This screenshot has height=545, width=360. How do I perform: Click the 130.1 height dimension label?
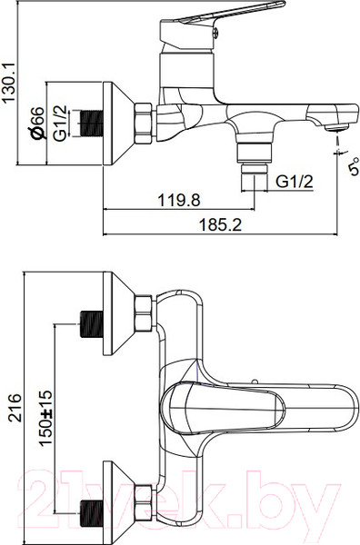pyautogui.click(x=8, y=83)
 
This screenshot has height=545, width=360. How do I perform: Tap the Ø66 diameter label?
pyautogui.click(x=36, y=123)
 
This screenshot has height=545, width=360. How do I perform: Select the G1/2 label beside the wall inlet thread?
pyautogui.click(x=59, y=123)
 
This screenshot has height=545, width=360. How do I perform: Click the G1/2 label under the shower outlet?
pyautogui.click(x=295, y=182)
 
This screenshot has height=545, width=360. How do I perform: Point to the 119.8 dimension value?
pyautogui.click(x=179, y=200)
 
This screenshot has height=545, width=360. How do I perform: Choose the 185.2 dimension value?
pyautogui.click(x=220, y=225)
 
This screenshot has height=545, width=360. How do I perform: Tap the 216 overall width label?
pyautogui.click(x=15, y=408)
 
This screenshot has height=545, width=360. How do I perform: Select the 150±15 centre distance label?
pyautogui.click(x=45, y=418)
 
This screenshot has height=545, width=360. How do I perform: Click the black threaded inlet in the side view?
pyautogui.click(x=92, y=124)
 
